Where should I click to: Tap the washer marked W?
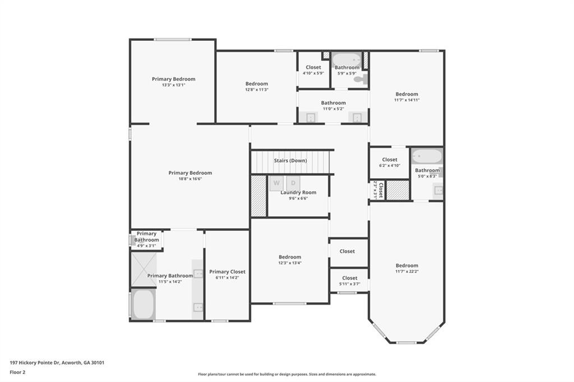click(276, 183)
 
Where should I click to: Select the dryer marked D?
click(293, 183)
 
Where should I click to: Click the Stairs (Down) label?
click(290, 161)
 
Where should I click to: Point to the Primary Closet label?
click(227, 272)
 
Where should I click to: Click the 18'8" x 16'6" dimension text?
click(190, 179)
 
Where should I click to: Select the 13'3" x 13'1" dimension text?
click(173, 85)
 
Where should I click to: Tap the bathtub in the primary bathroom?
click(143, 304)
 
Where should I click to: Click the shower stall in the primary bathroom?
click(143, 269)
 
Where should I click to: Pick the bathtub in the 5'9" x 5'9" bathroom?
click(346, 59)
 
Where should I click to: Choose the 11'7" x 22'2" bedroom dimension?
click(406, 272)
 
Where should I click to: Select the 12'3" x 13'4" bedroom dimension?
click(290, 263)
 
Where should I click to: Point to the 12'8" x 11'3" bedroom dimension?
click(256, 90)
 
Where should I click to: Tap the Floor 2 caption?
click(17, 372)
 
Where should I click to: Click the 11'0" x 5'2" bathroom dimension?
click(333, 109)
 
